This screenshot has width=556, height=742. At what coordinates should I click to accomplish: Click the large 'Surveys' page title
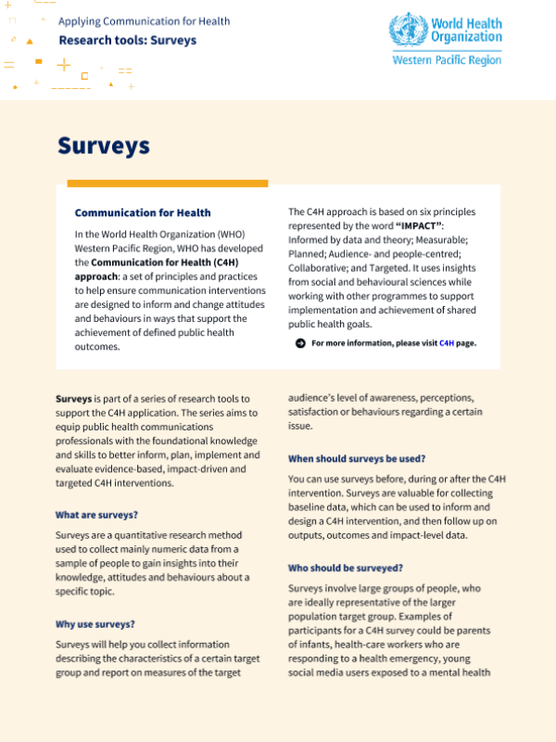coord(103,146)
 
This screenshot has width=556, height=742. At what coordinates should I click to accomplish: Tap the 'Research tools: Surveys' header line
coord(127,41)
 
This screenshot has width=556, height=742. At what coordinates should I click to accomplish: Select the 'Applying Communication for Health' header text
coord(144,21)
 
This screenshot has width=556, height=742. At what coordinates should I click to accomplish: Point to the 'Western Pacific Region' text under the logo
coord(447,60)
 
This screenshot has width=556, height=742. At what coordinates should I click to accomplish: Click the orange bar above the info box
coord(168,183)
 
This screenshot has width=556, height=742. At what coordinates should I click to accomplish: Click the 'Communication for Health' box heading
coord(143,212)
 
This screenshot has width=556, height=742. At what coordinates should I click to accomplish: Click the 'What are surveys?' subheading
coord(96,515)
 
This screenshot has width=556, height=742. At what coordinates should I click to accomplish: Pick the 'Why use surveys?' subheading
coord(95,624)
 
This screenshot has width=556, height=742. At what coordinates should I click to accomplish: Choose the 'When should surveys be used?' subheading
coord(357,458)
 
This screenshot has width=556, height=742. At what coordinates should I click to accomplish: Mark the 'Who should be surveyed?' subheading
coord(346,568)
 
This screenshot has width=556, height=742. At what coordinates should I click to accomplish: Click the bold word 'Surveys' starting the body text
coord(73,397)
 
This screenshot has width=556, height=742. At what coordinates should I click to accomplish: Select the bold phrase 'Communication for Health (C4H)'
coord(166,262)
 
